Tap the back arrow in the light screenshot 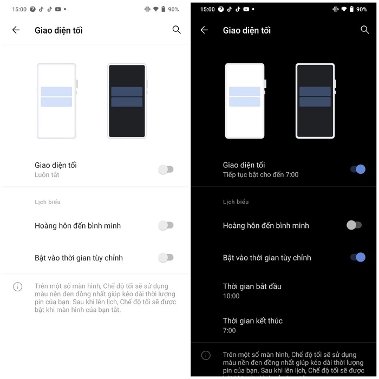pyautogui.click(x=16, y=30)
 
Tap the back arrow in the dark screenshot pyautogui.click(x=204, y=30)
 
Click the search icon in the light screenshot pyautogui.click(x=177, y=30)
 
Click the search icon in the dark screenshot pyautogui.click(x=364, y=30)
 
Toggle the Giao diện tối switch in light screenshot pyautogui.click(x=166, y=169)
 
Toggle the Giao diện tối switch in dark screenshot pyautogui.click(x=358, y=169)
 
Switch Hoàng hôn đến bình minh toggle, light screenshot pyautogui.click(x=166, y=225)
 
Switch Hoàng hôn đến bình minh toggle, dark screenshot pyautogui.click(x=354, y=225)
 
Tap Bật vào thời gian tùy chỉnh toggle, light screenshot pyautogui.click(x=166, y=258)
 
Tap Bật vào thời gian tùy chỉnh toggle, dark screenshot pyautogui.click(x=358, y=258)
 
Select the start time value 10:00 pyautogui.click(x=231, y=296)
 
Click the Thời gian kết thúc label pyautogui.click(x=253, y=321)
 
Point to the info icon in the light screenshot pyautogui.click(x=17, y=286)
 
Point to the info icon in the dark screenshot pyautogui.click(x=206, y=356)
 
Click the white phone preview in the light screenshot pyautogui.click(x=56, y=101)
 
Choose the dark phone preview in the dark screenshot pyautogui.click(x=315, y=101)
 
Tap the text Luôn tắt pyautogui.click(x=47, y=175)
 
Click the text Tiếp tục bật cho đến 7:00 pyautogui.click(x=260, y=175)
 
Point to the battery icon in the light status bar pyautogui.click(x=163, y=9)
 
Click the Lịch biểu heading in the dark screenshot pyautogui.click(x=236, y=202)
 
